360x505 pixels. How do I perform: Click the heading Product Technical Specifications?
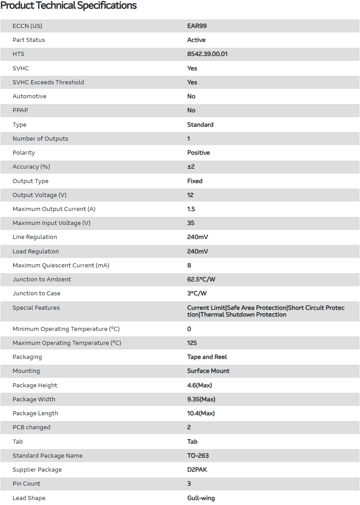point(68,6)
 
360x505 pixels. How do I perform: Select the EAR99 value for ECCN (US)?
point(197,26)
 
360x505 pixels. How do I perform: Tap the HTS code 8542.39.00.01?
point(207,54)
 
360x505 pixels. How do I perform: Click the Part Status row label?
point(29,40)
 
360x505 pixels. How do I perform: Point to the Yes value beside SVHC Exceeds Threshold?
point(192,83)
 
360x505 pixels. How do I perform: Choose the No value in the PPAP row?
point(191,110)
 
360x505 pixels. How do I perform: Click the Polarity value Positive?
point(199,153)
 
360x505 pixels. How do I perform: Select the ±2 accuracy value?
point(191,167)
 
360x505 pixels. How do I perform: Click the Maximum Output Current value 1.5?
point(191,209)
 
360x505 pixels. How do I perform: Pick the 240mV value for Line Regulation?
point(198,237)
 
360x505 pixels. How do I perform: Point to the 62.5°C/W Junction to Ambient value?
point(201,280)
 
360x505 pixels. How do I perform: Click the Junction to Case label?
point(36,294)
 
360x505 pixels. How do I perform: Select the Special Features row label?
point(36,308)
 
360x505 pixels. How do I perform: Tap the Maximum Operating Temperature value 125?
point(192,343)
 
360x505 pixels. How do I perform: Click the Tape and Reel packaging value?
point(207,357)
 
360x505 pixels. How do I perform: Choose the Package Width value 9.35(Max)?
point(200,399)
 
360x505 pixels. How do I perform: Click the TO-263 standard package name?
point(198,456)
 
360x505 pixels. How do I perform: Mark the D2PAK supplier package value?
point(197,470)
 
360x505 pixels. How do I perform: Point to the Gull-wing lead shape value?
point(201,498)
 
